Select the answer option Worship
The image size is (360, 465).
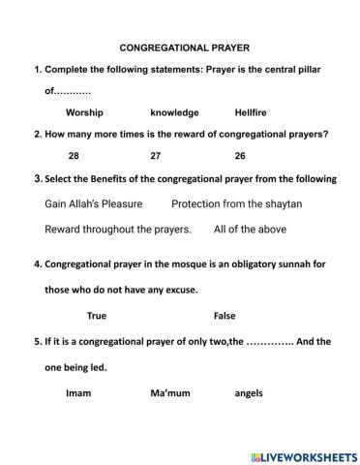point(84,112)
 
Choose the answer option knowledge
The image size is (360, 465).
point(174,112)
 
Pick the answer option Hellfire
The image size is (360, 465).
point(254,112)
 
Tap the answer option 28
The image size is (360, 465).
point(74,156)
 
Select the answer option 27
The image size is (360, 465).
point(156,156)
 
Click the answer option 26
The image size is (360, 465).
point(240,156)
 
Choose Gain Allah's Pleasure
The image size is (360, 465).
point(94,204)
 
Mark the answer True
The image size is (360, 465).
point(97,316)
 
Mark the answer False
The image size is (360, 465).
point(225,316)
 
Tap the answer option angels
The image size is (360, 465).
point(249,393)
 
